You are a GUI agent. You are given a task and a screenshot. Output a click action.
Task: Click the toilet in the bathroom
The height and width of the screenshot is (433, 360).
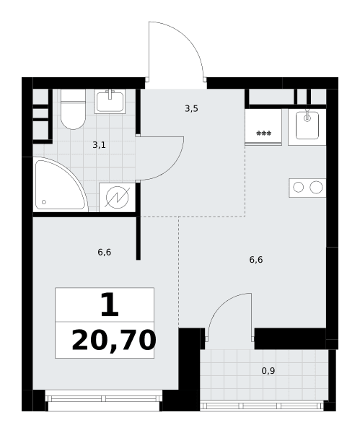pyautogui.click(x=73, y=109)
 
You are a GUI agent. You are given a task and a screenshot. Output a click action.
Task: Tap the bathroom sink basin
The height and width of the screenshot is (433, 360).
pyautogui.click(x=110, y=101)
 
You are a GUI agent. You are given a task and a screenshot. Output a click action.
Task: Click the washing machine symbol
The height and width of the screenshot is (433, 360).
pyautogui.click(x=118, y=197)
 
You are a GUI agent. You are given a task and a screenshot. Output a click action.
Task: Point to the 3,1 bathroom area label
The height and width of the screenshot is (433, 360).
pyautogui.click(x=99, y=145)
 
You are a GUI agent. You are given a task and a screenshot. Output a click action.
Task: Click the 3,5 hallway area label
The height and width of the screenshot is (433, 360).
pyautogui.click(x=191, y=109)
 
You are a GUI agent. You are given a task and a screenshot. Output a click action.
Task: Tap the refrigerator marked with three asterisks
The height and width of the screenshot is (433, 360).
pyautogui.click(x=263, y=127)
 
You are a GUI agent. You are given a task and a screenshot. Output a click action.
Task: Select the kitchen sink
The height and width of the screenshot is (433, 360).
pyautogui.click(x=307, y=127)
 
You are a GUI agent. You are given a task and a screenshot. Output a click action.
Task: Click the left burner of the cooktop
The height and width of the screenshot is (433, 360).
pyautogui.click(x=298, y=187)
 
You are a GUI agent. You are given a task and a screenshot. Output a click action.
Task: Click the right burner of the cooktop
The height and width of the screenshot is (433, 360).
pyautogui.click(x=316, y=187)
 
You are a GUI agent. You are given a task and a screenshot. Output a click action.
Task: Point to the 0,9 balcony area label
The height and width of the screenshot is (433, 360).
pyautogui.click(x=268, y=371)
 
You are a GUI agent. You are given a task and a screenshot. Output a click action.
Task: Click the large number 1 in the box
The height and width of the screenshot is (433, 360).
pyautogui.click(x=110, y=305)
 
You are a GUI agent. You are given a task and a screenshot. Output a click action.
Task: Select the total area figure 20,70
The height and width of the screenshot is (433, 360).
pyautogui.click(x=114, y=341)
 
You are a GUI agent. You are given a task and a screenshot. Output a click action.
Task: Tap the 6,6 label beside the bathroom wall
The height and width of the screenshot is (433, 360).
pyautogui.click(x=105, y=252)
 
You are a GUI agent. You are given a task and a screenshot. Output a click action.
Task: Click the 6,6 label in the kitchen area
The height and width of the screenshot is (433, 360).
pyautogui.click(x=256, y=260)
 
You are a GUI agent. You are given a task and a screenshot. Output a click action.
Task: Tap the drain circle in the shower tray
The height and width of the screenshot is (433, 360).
pyautogui.click(x=44, y=202)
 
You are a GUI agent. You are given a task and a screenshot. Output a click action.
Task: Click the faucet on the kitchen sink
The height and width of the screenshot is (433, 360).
pyautogui.click(x=307, y=116)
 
